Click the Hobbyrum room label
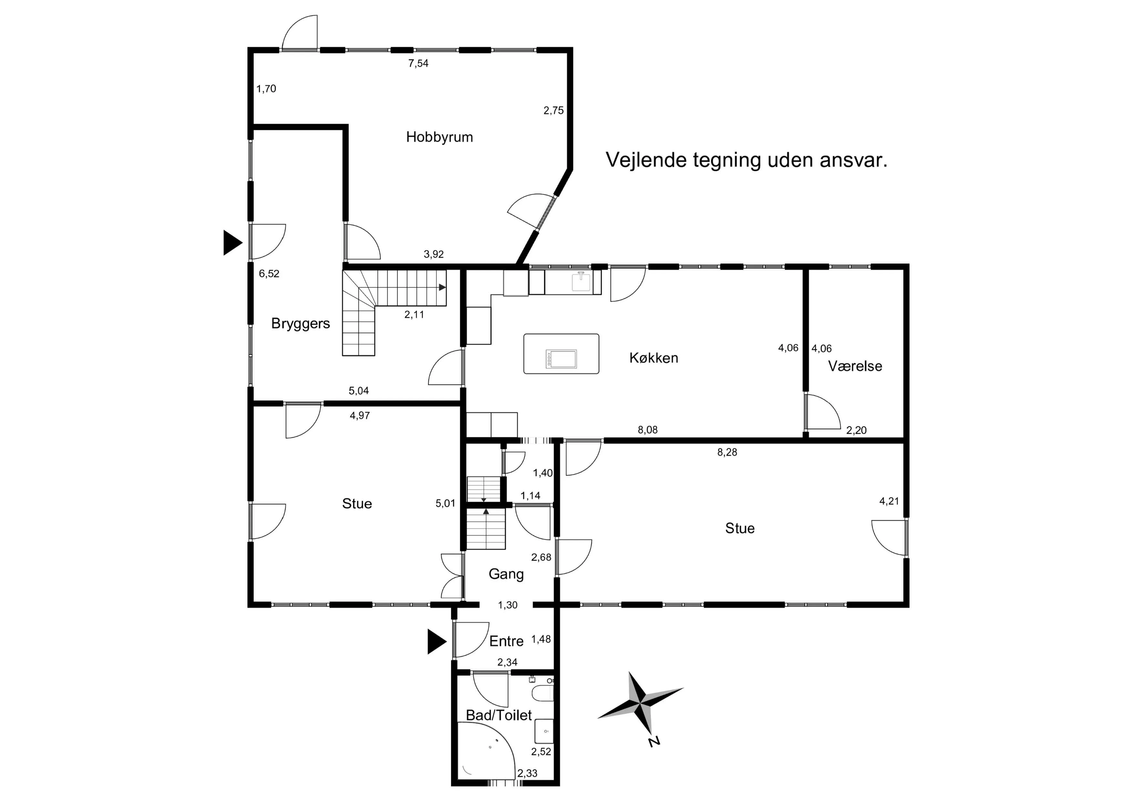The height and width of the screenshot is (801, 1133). pyautogui.click(x=439, y=137)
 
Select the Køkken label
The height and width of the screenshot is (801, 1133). pyautogui.click(x=653, y=358)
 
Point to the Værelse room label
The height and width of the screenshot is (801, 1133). pyautogui.click(x=855, y=366)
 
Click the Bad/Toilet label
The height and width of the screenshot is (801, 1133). pyautogui.click(x=499, y=715)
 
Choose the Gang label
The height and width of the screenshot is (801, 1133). pyautogui.click(x=506, y=574)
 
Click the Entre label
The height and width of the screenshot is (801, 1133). pyautogui.click(x=506, y=641)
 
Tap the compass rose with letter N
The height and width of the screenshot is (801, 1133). pyautogui.click(x=641, y=703)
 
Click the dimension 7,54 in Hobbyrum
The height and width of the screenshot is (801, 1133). pyautogui.click(x=418, y=63)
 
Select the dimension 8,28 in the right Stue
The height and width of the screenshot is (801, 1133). pyautogui.click(x=727, y=452)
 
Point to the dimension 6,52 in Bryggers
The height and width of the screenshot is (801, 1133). pyautogui.click(x=269, y=274)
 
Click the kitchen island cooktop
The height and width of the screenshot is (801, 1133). pyautogui.click(x=561, y=359)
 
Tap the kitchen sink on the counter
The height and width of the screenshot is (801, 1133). pyautogui.click(x=581, y=282)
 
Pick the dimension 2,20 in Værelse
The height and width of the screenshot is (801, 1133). pyautogui.click(x=856, y=430)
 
